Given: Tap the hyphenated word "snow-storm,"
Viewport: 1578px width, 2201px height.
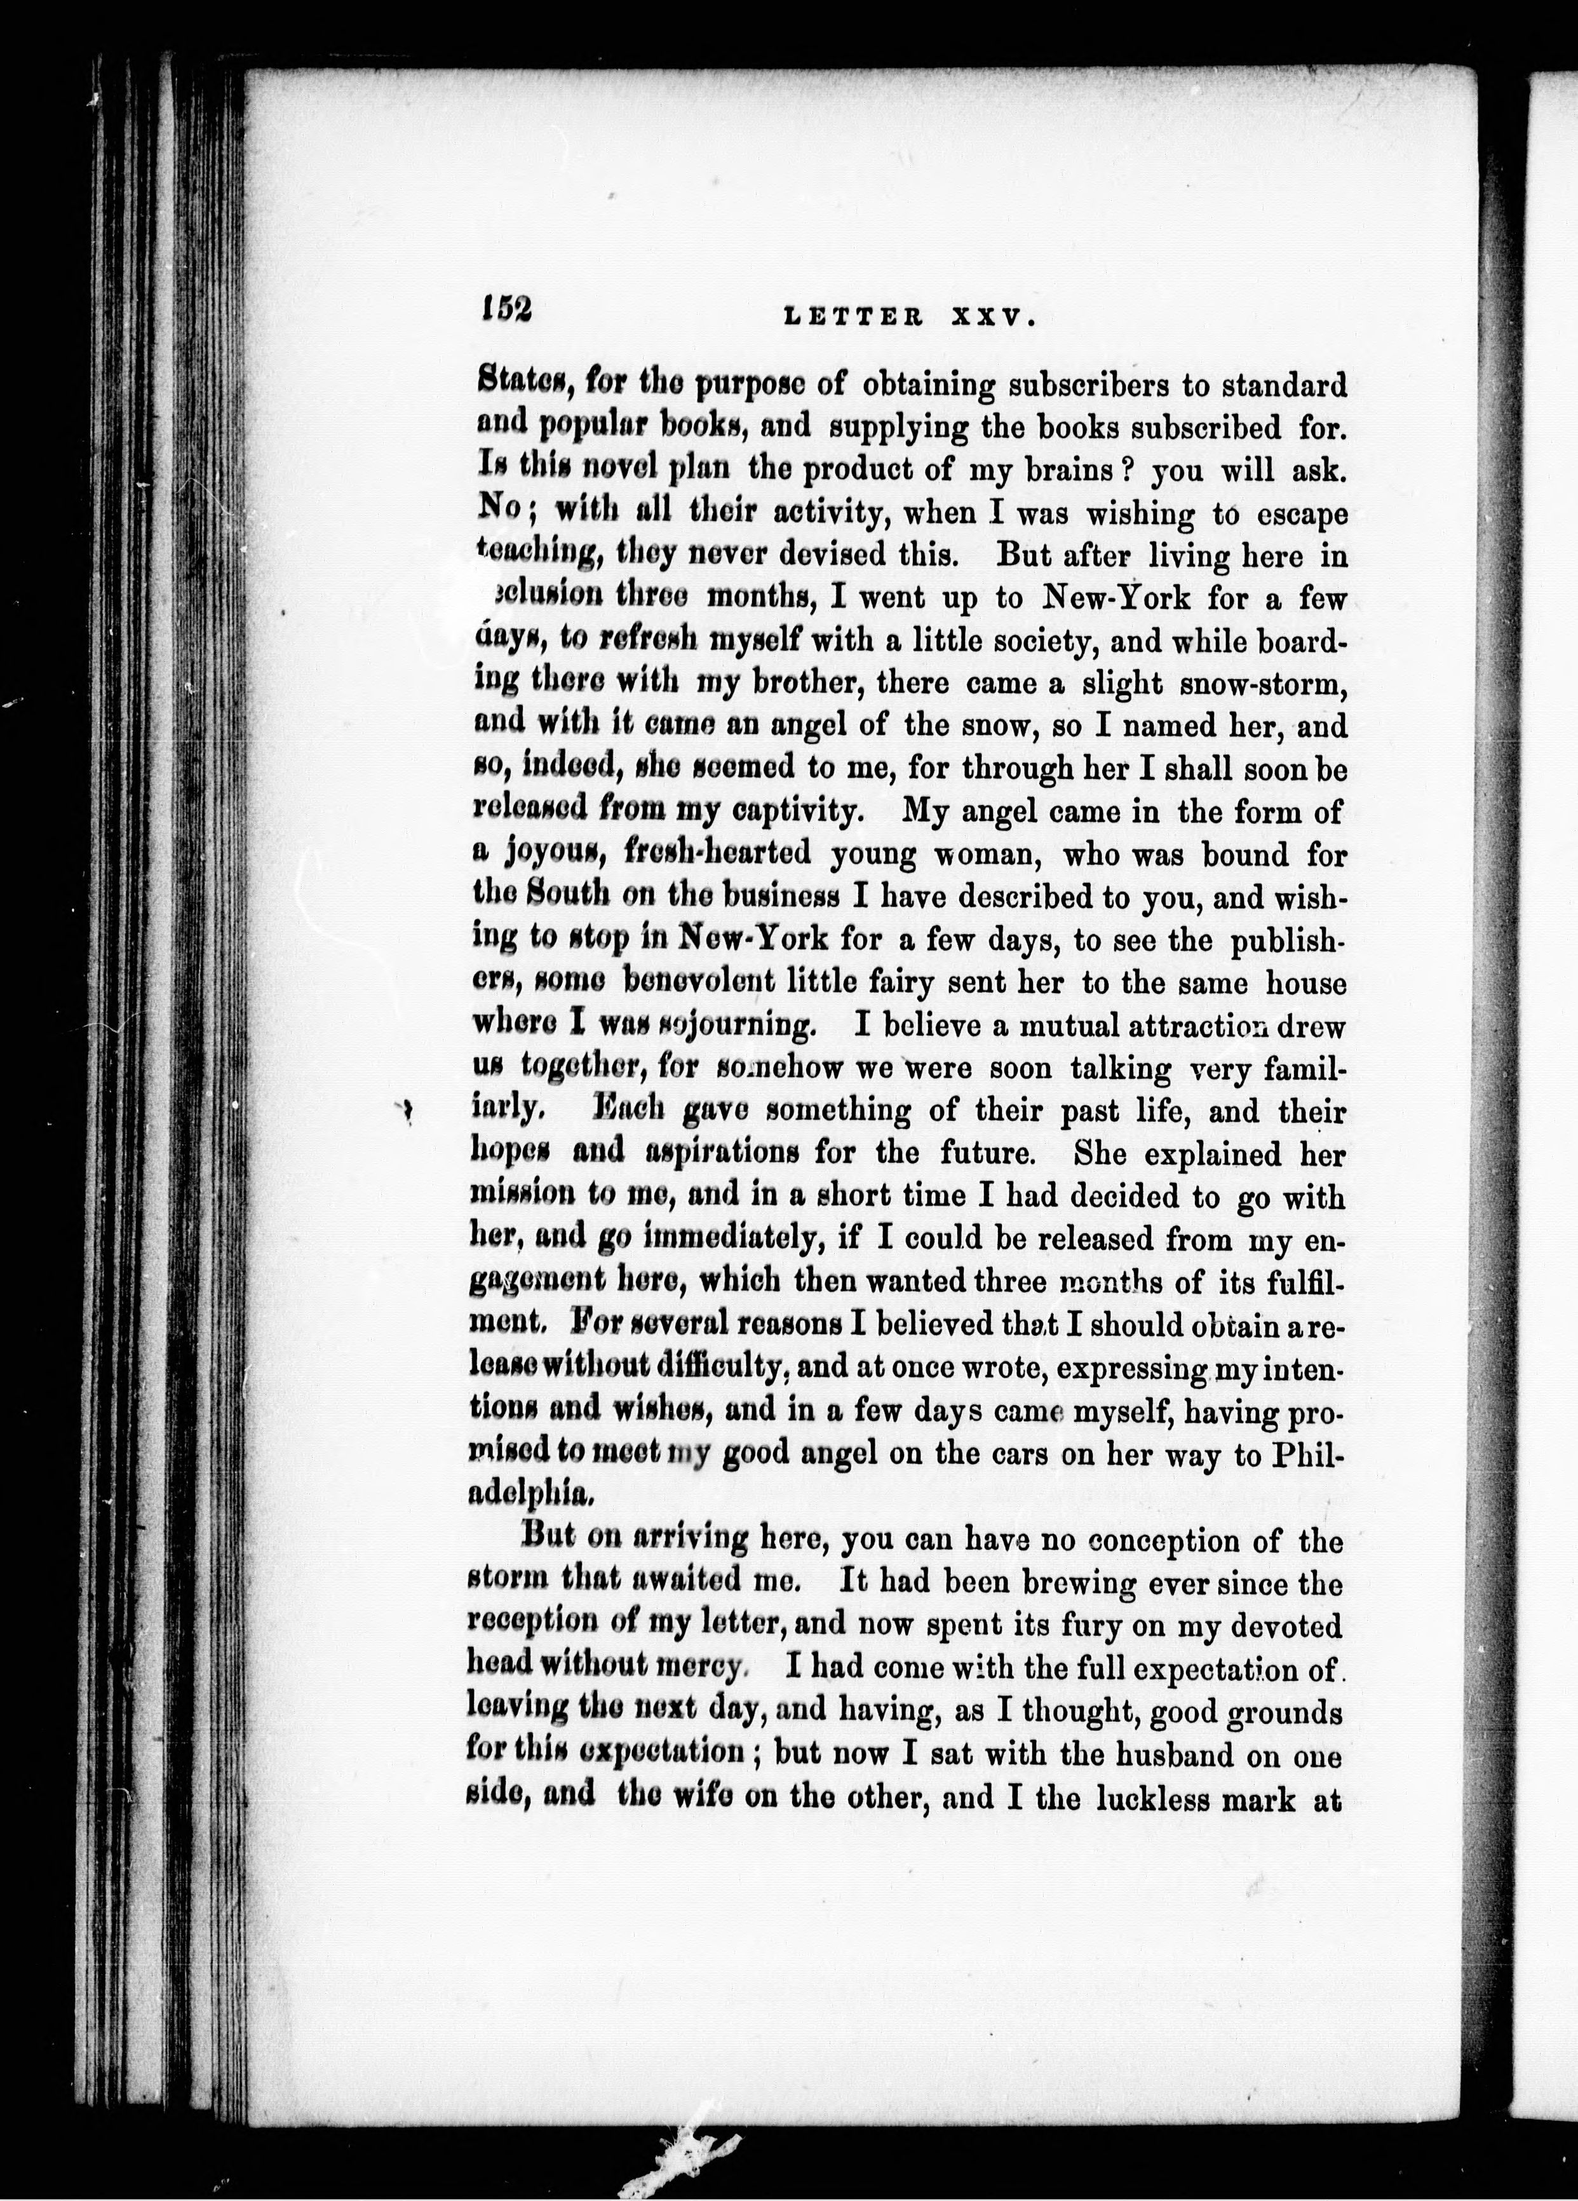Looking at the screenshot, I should [1262, 684].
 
